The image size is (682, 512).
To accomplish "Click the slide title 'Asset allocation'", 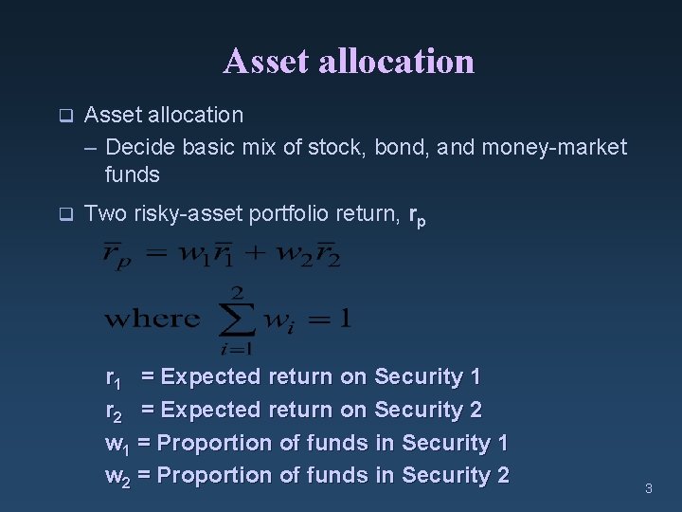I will (349, 62).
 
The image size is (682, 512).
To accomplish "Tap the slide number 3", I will (649, 489).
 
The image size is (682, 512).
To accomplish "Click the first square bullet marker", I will (65, 117).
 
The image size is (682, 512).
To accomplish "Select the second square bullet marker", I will (65, 215).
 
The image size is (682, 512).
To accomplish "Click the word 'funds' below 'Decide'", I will (133, 174).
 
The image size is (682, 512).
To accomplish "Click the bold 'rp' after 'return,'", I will (417, 217).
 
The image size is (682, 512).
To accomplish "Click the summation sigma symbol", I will (238, 320).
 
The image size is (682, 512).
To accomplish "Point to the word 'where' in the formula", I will (152, 320).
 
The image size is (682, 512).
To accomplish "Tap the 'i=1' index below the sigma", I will (238, 348).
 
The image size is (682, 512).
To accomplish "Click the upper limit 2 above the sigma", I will (238, 290).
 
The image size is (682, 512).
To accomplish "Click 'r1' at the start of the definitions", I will (113, 378).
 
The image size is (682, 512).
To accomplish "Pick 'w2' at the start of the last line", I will (117, 476).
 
